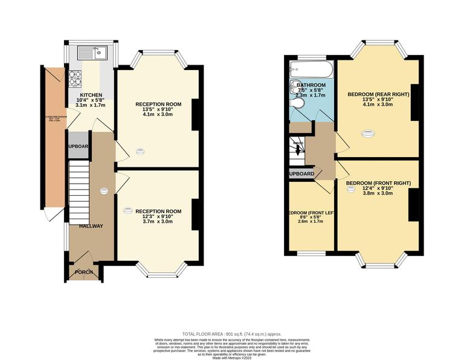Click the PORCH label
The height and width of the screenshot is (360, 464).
(84, 272)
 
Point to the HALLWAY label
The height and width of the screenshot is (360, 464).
(91, 226)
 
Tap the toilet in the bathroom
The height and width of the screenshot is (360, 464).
(296, 106)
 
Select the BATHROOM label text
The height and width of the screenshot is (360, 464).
(311, 85)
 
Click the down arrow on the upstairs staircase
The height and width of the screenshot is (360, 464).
(297, 149)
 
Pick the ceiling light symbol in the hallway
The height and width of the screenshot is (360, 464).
(103, 191)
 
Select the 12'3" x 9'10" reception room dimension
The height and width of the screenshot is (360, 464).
(158, 216)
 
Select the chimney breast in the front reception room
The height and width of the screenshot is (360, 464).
(195, 214)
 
